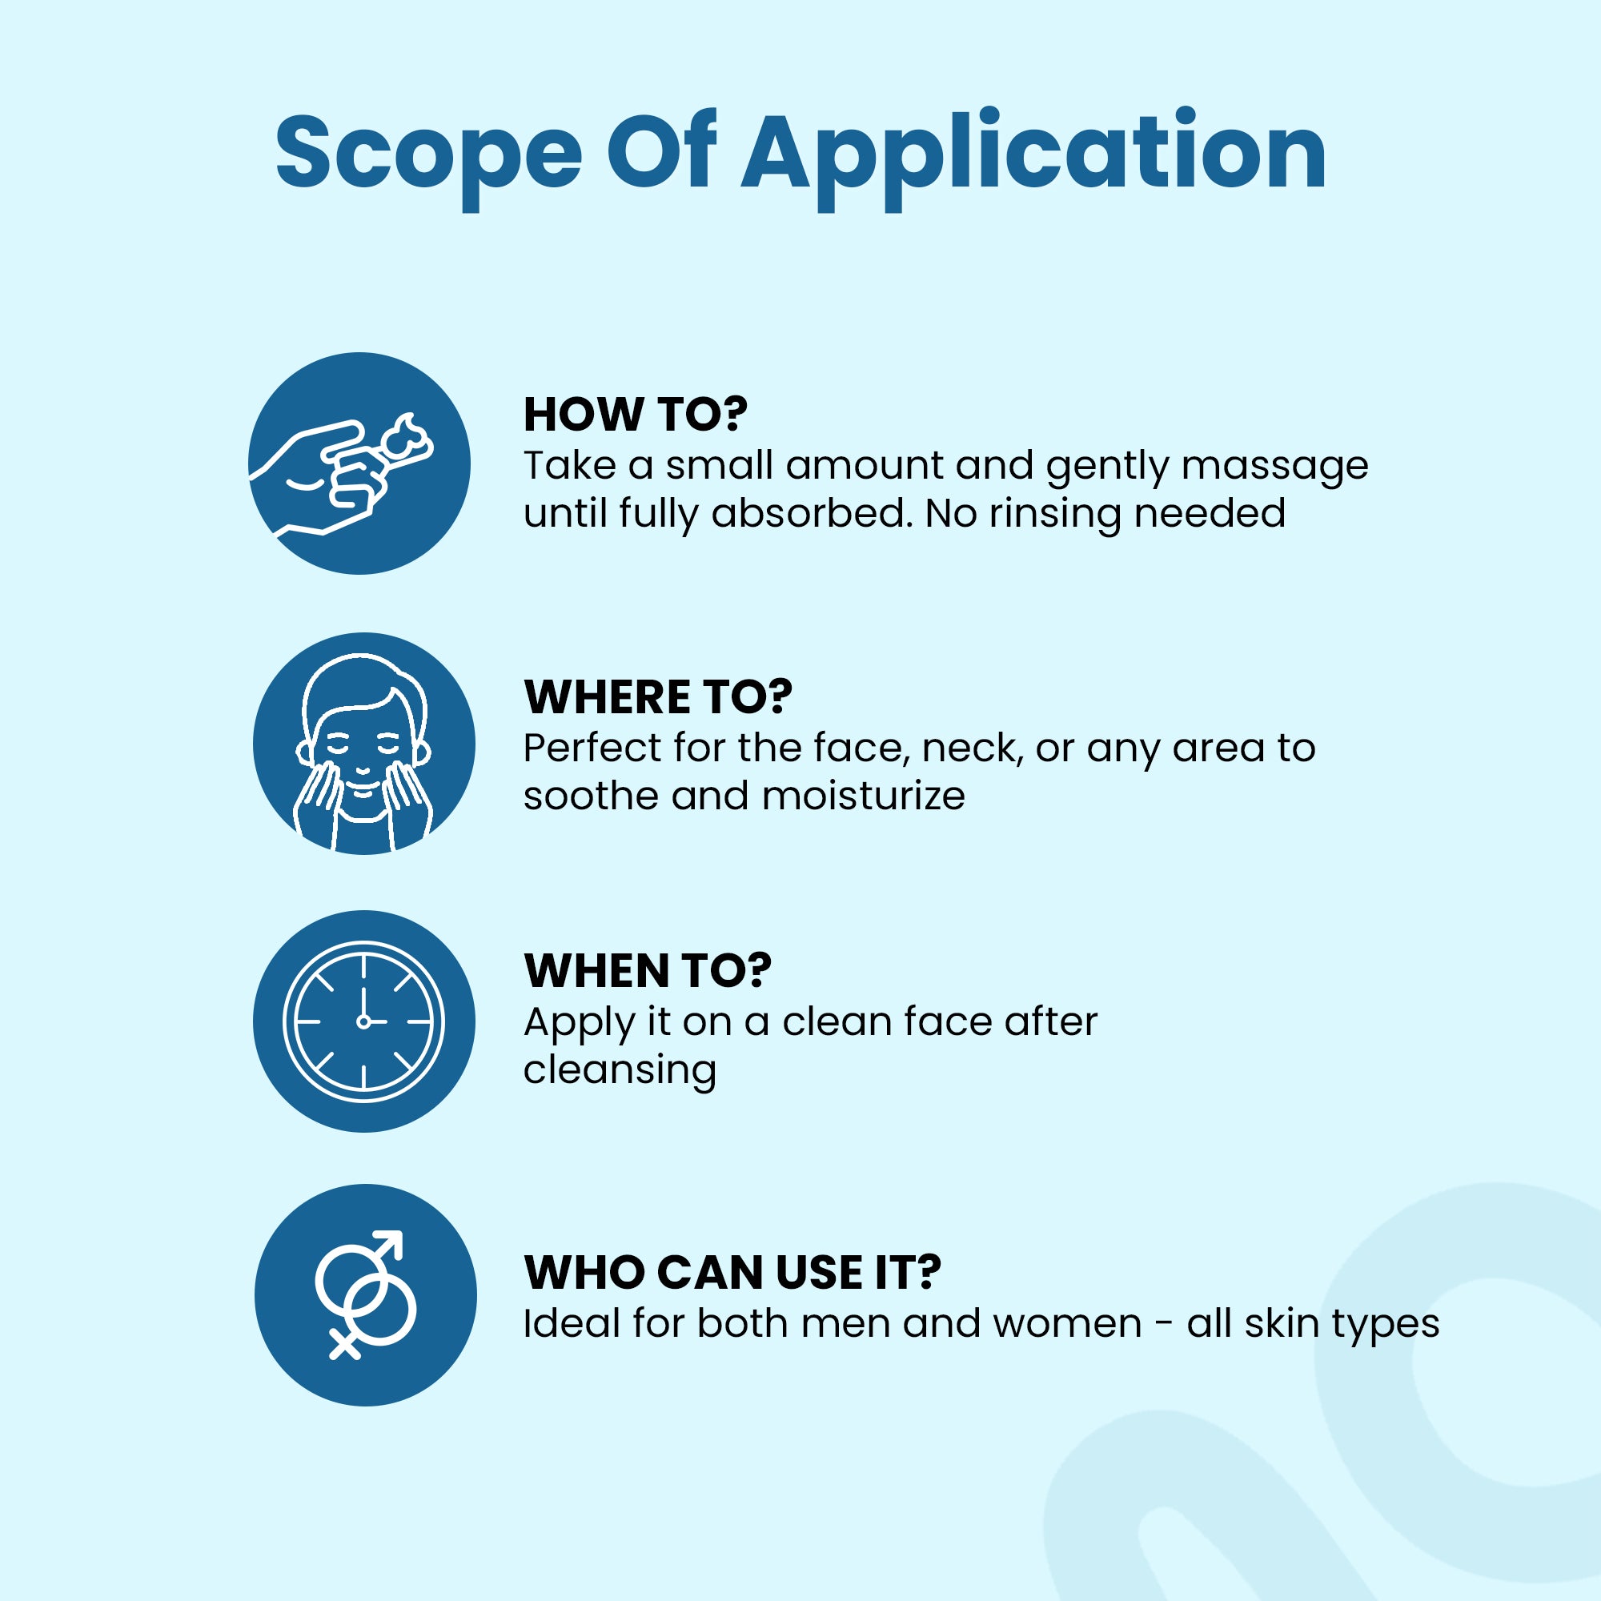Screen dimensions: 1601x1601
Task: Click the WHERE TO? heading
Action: tap(658, 697)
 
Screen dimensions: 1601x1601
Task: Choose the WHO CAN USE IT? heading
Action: tap(732, 1272)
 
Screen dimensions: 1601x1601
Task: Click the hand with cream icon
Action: tap(359, 463)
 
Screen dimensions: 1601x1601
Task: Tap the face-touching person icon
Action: tap(363, 744)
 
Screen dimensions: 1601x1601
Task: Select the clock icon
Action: tap(363, 1021)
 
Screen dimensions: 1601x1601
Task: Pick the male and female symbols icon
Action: tap(366, 1294)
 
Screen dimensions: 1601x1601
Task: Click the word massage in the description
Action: tap(1274, 466)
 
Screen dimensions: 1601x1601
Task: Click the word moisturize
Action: tap(863, 796)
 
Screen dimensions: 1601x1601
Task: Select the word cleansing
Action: tap(620, 1069)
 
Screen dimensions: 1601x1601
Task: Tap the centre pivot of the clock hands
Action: tap(363, 1021)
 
